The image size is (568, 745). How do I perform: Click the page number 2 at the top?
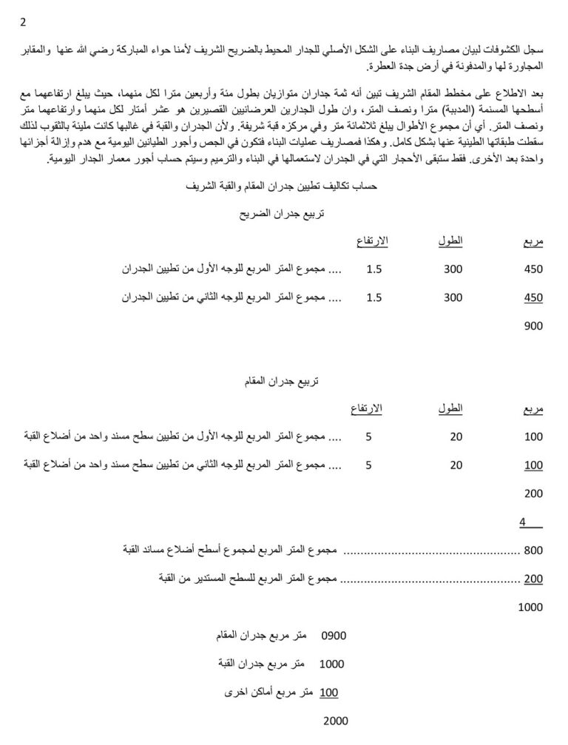pyautogui.click(x=23, y=23)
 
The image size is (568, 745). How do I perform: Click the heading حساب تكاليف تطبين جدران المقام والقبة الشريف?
pyautogui.click(x=284, y=187)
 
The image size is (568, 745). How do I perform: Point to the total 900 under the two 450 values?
pyautogui.click(x=532, y=325)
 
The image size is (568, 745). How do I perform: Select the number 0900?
pyautogui.click(x=334, y=636)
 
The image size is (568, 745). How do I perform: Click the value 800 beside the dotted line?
pyautogui.click(x=532, y=550)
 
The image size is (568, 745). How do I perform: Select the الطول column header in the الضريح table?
pyautogui.click(x=453, y=242)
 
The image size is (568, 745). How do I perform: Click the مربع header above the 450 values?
pyautogui.click(x=532, y=243)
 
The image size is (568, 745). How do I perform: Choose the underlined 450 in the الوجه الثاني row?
pyautogui.click(x=532, y=297)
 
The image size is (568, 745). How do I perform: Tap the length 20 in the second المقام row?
pyautogui.click(x=456, y=465)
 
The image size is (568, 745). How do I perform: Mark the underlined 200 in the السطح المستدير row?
pyautogui.click(x=532, y=579)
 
